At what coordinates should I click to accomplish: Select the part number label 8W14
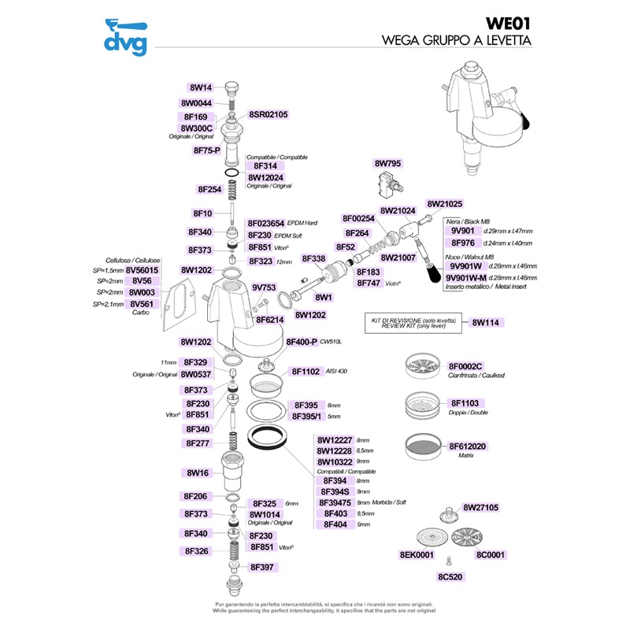(202, 87)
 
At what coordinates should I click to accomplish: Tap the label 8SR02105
(269, 114)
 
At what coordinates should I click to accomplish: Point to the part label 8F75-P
(206, 150)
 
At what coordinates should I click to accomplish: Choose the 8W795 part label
(387, 164)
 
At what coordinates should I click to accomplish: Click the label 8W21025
(445, 203)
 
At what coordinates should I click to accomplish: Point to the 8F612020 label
(468, 447)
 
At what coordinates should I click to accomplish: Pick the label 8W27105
(481, 507)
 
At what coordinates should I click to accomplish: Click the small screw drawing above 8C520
(448, 561)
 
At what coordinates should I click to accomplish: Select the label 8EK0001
(417, 554)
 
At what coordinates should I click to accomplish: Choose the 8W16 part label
(197, 473)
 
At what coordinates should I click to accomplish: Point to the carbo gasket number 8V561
(145, 304)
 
